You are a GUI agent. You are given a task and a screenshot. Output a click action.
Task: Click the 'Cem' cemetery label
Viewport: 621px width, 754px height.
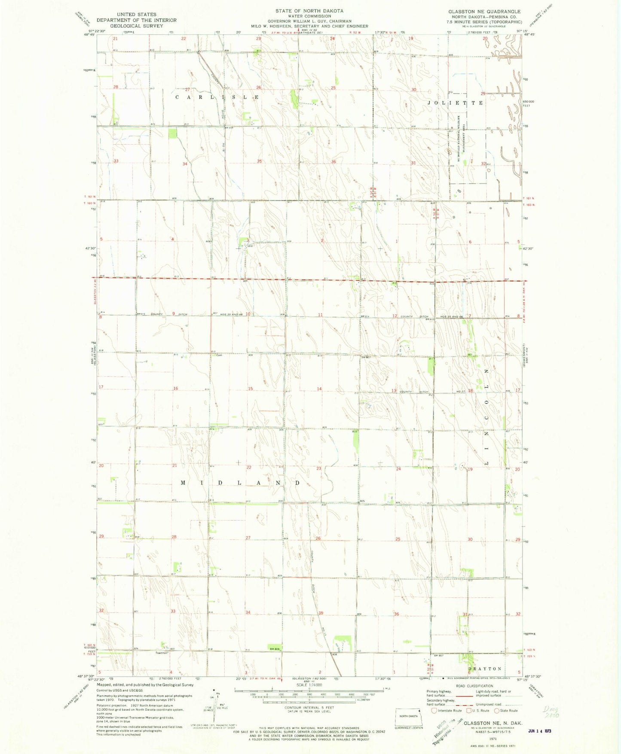(x=219, y=355)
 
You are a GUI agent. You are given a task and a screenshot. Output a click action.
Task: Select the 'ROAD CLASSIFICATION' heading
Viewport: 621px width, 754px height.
(x=475, y=686)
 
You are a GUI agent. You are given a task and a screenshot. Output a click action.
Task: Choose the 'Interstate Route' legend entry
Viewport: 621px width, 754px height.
(x=447, y=711)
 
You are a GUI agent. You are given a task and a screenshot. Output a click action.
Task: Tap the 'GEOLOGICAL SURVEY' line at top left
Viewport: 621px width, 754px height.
(x=136, y=26)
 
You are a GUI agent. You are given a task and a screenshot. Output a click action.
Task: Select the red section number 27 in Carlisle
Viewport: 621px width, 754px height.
(x=187, y=89)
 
